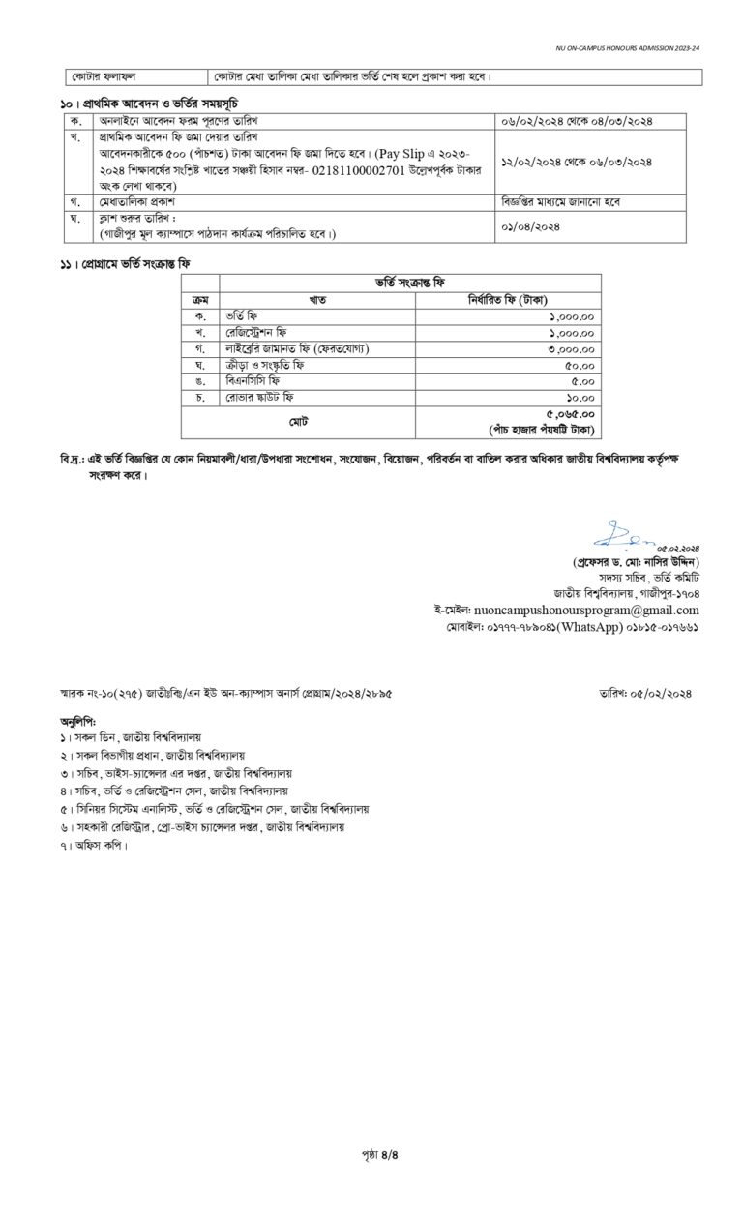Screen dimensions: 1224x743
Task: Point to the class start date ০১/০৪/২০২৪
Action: pos(531,226)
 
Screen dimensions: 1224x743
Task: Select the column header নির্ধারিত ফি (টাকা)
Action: pos(507,300)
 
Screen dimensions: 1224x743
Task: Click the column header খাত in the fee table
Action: pos(317,300)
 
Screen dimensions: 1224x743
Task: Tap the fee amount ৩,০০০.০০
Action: pos(572,348)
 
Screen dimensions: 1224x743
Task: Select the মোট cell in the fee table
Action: pos(297,422)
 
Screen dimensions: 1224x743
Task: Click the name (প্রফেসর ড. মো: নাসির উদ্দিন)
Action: pos(635,562)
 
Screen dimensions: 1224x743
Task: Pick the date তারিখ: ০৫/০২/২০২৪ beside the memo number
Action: pos(646,693)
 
